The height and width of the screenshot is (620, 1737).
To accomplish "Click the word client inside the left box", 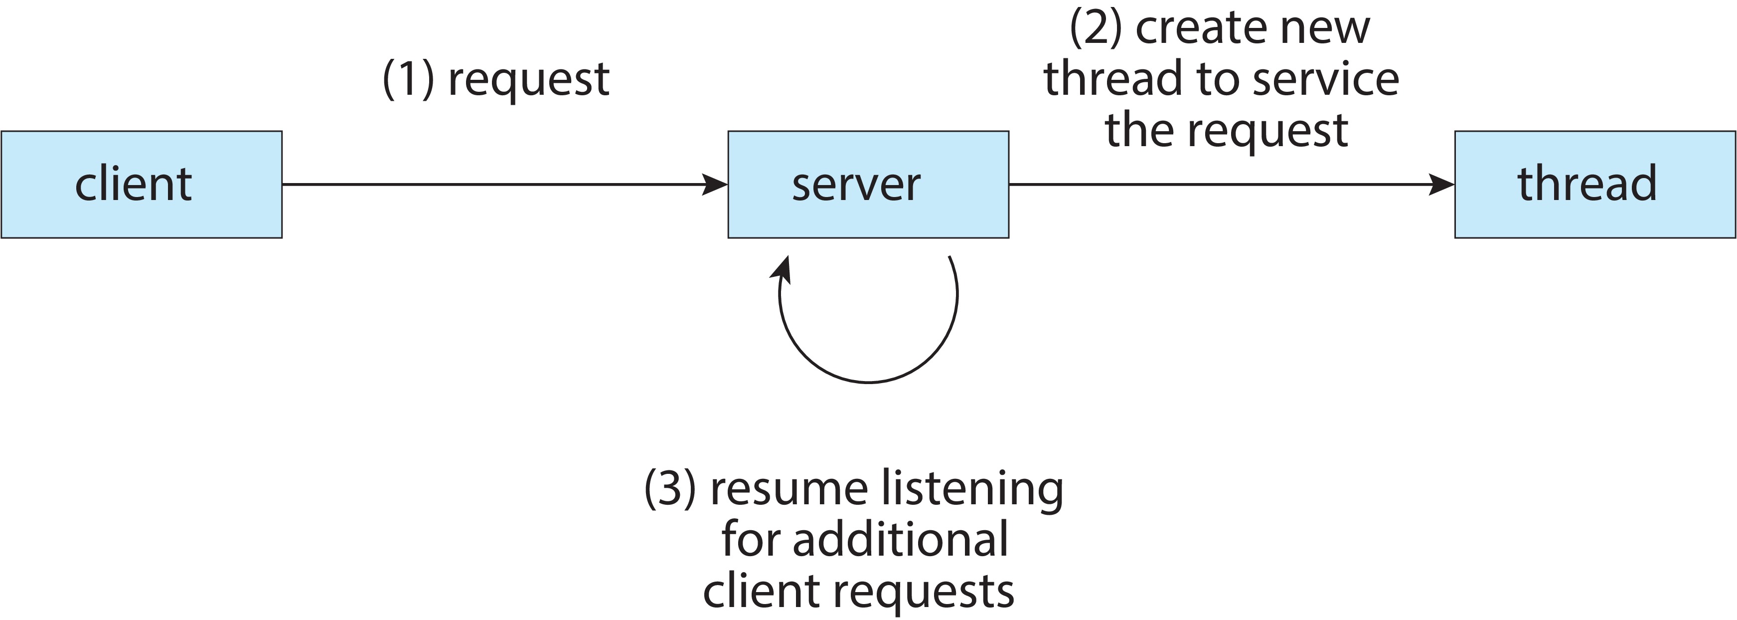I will tap(134, 184).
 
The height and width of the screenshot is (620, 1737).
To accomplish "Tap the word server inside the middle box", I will tap(856, 184).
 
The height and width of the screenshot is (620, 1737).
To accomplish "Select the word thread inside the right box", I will tap(1586, 184).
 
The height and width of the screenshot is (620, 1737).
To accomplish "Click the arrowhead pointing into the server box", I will tap(715, 184).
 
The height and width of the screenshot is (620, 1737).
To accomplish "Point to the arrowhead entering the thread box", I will tap(1441, 184).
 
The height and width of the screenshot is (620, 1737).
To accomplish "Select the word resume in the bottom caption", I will tap(789, 490).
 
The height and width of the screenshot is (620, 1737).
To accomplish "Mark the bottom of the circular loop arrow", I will tap(868, 382).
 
